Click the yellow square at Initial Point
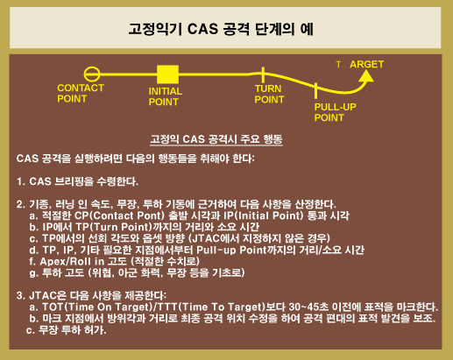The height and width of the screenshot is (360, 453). tap(167, 74)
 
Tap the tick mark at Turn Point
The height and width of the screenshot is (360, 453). tap(263, 74)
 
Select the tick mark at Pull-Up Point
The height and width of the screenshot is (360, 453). tap(315, 90)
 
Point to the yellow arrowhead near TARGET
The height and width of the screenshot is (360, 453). tap(366, 76)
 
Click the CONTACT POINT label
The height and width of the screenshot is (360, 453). tap(81, 93)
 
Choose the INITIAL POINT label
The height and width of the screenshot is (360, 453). tap(166, 96)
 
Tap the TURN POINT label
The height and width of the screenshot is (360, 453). tap(269, 94)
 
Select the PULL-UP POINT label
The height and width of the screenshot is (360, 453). tap(335, 112)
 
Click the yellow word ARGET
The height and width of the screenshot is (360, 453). tap(367, 64)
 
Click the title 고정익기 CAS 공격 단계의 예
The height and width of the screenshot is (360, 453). tap(221, 29)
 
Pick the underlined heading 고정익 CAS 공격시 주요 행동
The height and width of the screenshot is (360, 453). tap(216, 139)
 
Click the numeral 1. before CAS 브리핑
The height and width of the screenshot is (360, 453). tap(21, 181)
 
